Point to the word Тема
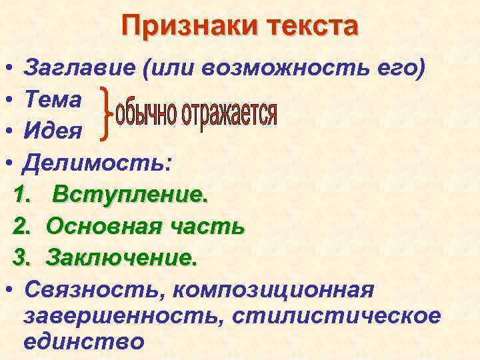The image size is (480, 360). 53,99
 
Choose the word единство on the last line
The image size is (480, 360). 83,341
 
